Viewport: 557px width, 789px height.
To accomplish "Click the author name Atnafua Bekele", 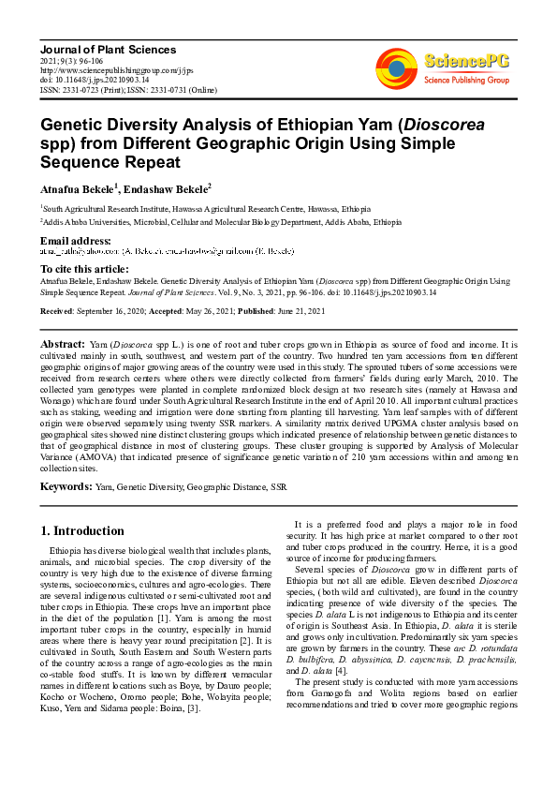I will [75, 187].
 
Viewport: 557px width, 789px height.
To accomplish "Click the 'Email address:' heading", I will [75, 242].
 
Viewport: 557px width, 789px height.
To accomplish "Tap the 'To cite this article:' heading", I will [84, 269].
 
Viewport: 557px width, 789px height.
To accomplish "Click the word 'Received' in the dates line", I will [57, 310].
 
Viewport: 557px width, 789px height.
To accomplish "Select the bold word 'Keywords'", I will [65, 487].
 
